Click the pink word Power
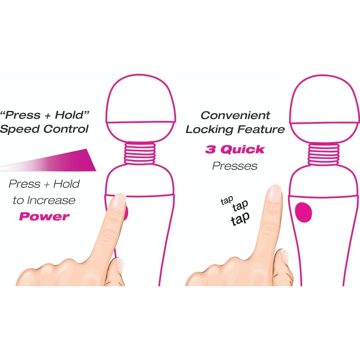point(44,216)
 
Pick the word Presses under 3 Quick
point(234,166)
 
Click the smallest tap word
point(226,201)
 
